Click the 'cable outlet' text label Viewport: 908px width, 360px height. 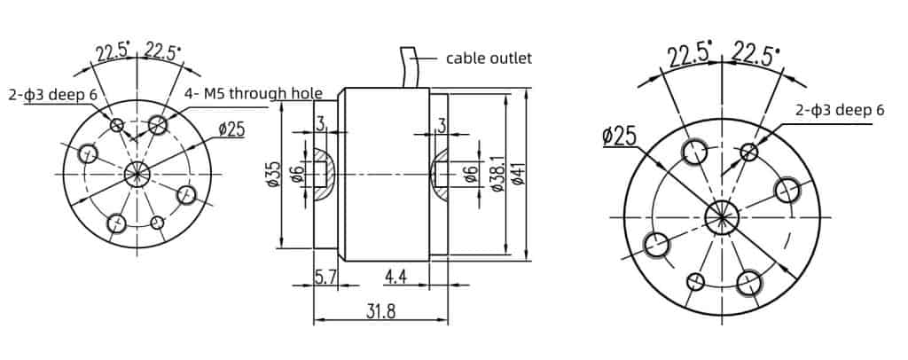[x=488, y=59]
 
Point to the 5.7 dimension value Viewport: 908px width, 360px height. [x=325, y=278]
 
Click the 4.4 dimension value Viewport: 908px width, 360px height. [x=395, y=278]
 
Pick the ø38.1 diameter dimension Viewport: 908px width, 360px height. [x=497, y=176]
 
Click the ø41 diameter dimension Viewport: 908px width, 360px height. [x=518, y=176]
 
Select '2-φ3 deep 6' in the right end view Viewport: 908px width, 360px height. [x=840, y=110]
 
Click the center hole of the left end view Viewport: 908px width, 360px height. [x=137, y=173]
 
